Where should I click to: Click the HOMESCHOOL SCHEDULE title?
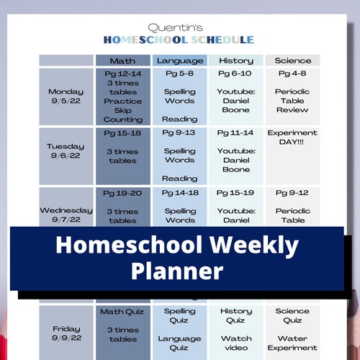[179, 40]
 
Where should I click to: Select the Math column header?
[123, 60]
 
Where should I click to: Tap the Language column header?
[179, 60]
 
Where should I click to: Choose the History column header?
[235, 60]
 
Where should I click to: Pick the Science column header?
[292, 60]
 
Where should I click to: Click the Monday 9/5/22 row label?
[66, 97]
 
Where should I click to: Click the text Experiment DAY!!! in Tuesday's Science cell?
[292, 138]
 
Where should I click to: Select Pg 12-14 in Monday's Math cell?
[123, 73]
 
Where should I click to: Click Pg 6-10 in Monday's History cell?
[235, 73]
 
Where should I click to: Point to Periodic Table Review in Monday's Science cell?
[292, 101]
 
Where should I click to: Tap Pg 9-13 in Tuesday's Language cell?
[179, 133]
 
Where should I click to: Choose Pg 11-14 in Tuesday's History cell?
[235, 133]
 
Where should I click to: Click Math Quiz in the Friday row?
[123, 312]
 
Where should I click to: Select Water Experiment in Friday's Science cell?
[292, 343]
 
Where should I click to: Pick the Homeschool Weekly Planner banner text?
[177, 258]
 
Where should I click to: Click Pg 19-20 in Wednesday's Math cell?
[123, 193]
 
